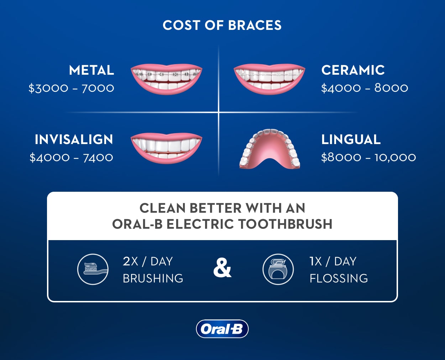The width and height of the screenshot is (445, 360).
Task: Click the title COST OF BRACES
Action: pyautogui.click(x=222, y=25)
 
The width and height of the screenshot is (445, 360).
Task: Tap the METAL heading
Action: pyautogui.click(x=91, y=70)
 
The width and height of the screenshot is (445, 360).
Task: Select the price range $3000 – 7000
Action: pyautogui.click(x=71, y=88)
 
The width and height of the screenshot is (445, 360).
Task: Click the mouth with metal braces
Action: pyautogui.click(x=166, y=79)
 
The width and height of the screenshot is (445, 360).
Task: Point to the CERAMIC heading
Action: pyautogui.click(x=353, y=70)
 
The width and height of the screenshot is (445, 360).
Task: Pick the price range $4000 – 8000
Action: pyautogui.click(x=365, y=88)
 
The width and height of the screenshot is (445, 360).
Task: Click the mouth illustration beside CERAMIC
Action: pyautogui.click(x=269, y=79)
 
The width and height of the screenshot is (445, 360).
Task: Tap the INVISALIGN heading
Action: pyautogui.click(x=74, y=139)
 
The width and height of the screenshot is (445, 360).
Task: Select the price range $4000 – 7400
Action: pyautogui.click(x=71, y=157)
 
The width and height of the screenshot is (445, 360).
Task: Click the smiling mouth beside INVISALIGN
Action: pyautogui.click(x=166, y=148)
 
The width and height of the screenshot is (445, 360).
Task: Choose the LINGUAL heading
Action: pyautogui.click(x=351, y=139)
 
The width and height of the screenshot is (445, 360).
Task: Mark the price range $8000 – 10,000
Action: pyautogui.click(x=368, y=157)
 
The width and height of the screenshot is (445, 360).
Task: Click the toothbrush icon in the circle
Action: pyautogui.click(x=93, y=269)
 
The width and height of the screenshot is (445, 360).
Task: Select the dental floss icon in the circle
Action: pyautogui.click(x=278, y=269)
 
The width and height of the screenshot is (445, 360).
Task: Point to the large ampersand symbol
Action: pyautogui.click(x=222, y=268)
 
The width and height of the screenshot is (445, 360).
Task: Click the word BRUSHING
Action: pyautogui.click(x=153, y=278)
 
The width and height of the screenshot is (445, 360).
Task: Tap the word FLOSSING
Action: pyautogui.click(x=339, y=278)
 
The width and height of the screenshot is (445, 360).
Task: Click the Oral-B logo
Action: pyautogui.click(x=222, y=329)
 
